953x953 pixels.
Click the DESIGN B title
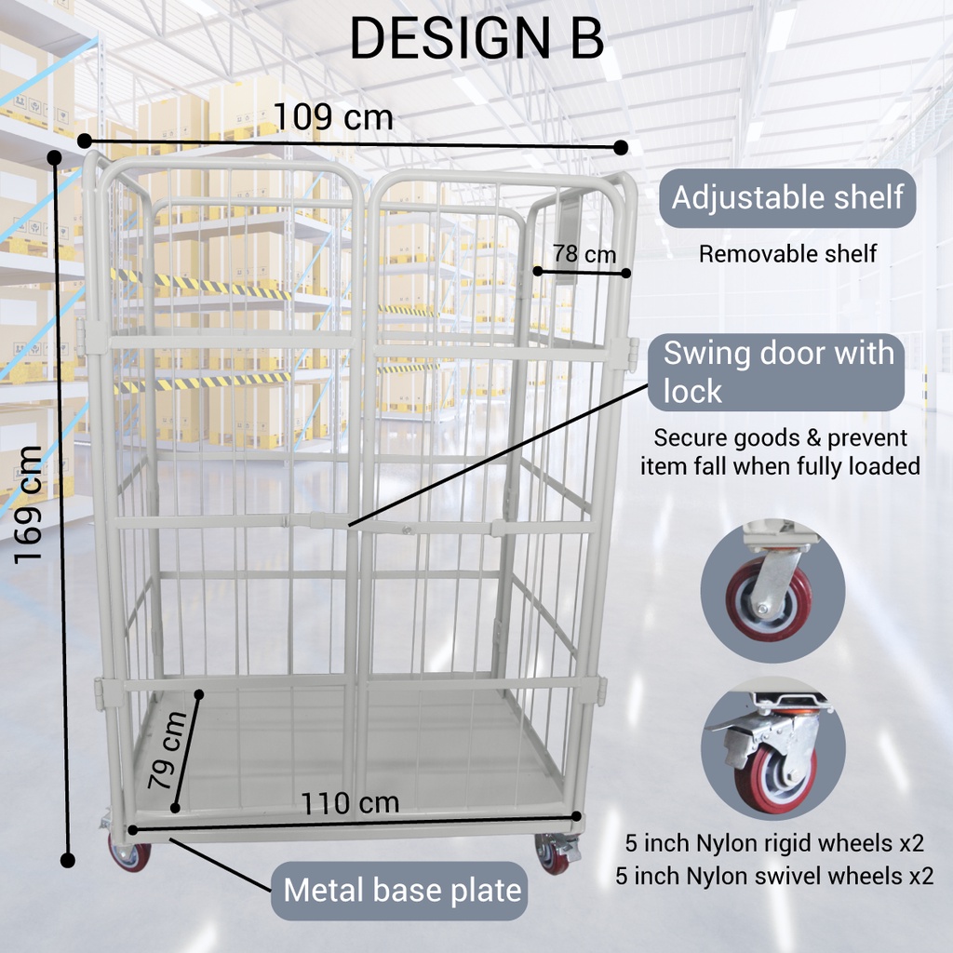(x=476, y=39)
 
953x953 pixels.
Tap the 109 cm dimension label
(x=333, y=117)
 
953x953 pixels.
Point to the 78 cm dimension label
(x=584, y=253)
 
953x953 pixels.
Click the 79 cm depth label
(x=168, y=750)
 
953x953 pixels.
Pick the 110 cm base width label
(x=350, y=802)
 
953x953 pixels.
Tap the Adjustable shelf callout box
(x=787, y=198)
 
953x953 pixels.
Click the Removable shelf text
(x=787, y=254)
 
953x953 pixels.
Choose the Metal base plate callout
(x=402, y=891)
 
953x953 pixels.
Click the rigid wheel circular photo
(x=772, y=591)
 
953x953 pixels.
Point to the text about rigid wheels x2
(x=774, y=844)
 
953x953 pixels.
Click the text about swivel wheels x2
(x=774, y=876)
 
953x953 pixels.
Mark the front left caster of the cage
(x=128, y=852)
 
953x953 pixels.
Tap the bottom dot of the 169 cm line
(x=67, y=860)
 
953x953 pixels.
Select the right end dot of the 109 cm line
(x=622, y=147)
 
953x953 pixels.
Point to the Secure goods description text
(x=780, y=451)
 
